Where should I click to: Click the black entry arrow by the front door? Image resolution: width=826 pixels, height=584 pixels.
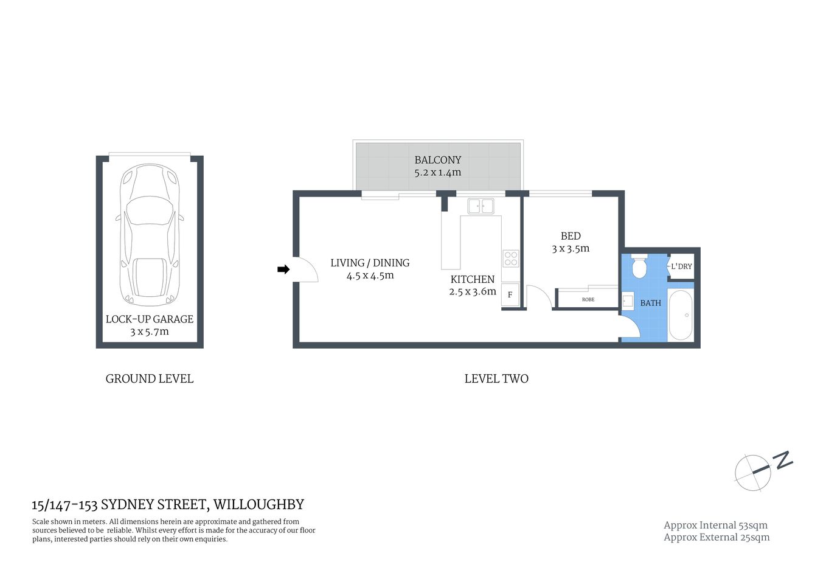(x=283, y=269)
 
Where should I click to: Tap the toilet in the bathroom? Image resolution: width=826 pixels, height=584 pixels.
(x=639, y=266)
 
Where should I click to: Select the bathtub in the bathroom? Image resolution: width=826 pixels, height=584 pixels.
(x=681, y=315)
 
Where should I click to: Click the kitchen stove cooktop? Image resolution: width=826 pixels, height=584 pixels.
(x=510, y=259)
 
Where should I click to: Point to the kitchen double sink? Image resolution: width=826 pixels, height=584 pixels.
(x=481, y=206)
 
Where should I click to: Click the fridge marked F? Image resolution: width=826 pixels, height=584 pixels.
(x=510, y=294)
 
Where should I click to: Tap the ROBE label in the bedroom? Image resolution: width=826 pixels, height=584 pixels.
(x=588, y=299)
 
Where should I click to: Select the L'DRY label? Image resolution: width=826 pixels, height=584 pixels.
(x=681, y=266)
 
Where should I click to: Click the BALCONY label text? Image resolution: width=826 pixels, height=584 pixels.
(x=438, y=160)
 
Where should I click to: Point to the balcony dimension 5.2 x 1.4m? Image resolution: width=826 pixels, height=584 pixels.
(x=438, y=173)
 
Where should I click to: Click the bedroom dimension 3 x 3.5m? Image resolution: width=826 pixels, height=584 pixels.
(x=571, y=249)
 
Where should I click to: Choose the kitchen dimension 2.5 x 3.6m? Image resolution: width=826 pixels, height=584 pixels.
(x=473, y=292)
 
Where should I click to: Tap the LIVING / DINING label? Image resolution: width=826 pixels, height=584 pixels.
(x=370, y=263)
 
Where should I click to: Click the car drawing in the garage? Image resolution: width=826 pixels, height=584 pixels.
(x=150, y=234)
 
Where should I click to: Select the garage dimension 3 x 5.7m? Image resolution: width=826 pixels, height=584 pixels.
(x=150, y=332)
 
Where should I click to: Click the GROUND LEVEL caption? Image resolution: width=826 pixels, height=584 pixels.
(x=150, y=378)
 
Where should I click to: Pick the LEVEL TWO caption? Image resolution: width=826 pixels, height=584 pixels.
(x=496, y=378)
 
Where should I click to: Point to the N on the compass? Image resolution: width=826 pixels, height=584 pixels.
(x=783, y=459)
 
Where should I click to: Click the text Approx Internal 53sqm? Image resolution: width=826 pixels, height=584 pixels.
(x=715, y=525)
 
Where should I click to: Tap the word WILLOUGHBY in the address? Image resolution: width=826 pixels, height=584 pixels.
(x=259, y=504)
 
